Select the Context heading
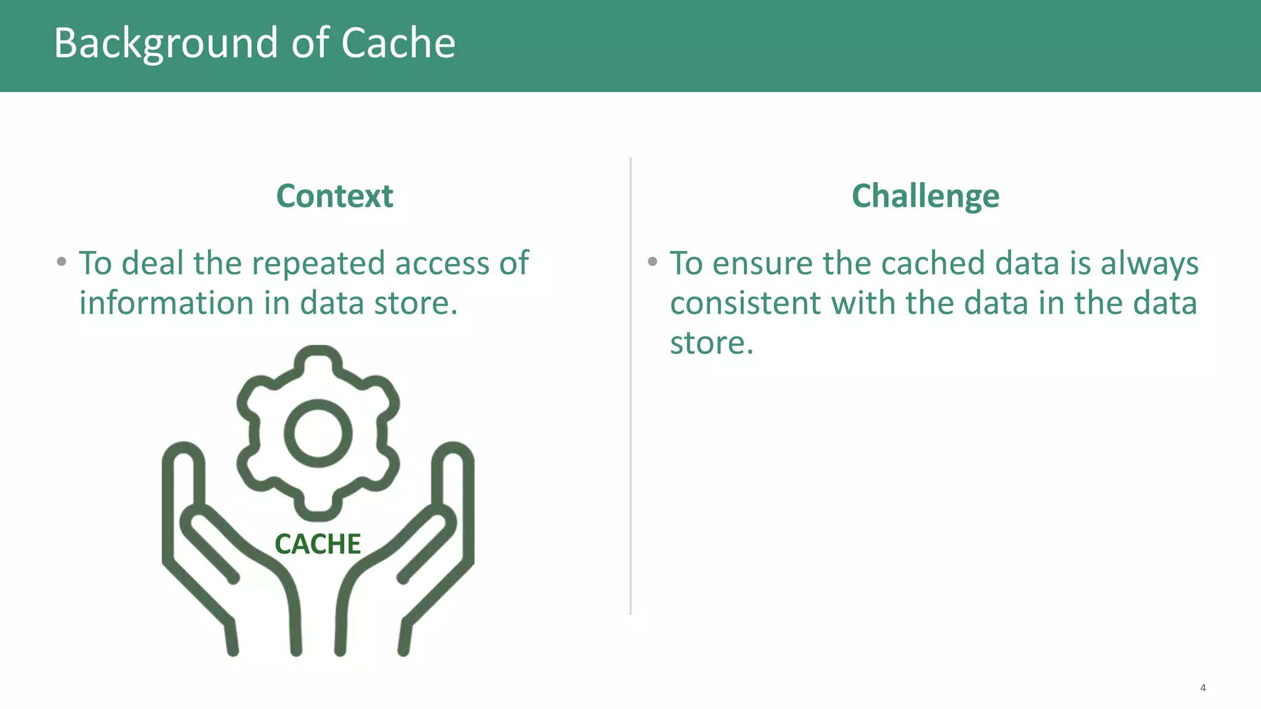[x=334, y=196]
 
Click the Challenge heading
[x=925, y=196]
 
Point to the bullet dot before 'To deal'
[x=62, y=262]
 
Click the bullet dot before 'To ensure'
[x=653, y=262]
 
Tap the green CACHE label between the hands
[x=318, y=544]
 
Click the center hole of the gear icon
[x=318, y=433]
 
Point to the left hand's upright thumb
[x=183, y=480]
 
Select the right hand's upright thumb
[x=453, y=480]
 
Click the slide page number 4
[x=1203, y=688]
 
